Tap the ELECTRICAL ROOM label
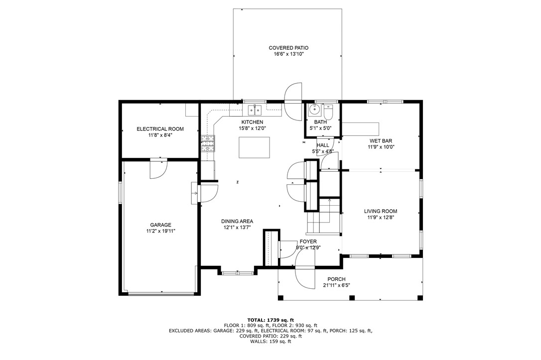coord(160,129)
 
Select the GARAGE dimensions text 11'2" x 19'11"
coord(160,231)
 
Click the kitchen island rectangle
coord(254,147)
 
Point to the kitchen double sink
coord(256,110)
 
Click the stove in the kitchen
coord(208,143)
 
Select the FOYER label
coord(308,241)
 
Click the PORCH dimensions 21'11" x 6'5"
coord(336,285)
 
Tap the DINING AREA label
coord(237,221)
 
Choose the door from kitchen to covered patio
coord(293,94)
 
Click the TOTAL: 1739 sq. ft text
coord(270,320)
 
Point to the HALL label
coord(323,145)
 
